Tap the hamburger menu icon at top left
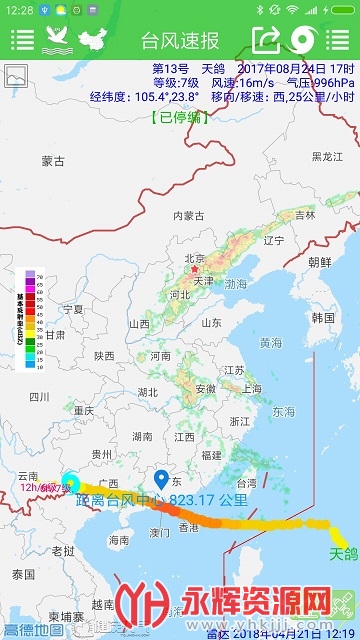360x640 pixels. click(x=21, y=40)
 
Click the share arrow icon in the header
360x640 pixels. click(x=266, y=40)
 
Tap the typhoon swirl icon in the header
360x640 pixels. click(x=304, y=40)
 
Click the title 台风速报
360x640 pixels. click(x=180, y=40)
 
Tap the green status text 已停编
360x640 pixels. click(x=180, y=117)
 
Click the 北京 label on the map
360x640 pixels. click(x=194, y=258)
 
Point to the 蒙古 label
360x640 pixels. click(x=53, y=160)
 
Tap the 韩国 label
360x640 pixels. click(x=323, y=317)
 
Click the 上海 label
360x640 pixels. click(x=251, y=389)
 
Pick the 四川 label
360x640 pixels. click(x=39, y=396)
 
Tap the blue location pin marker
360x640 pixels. click(x=159, y=481)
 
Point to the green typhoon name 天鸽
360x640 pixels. click(x=343, y=553)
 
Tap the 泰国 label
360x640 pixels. click(x=24, y=573)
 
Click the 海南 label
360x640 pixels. click(x=119, y=540)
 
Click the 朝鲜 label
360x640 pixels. click(x=320, y=262)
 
